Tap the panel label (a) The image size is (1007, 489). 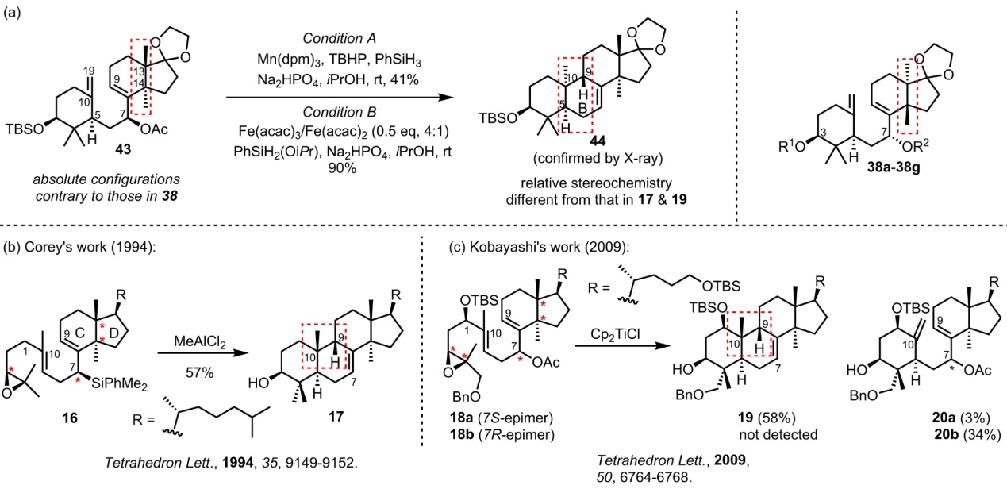click(x=13, y=12)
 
